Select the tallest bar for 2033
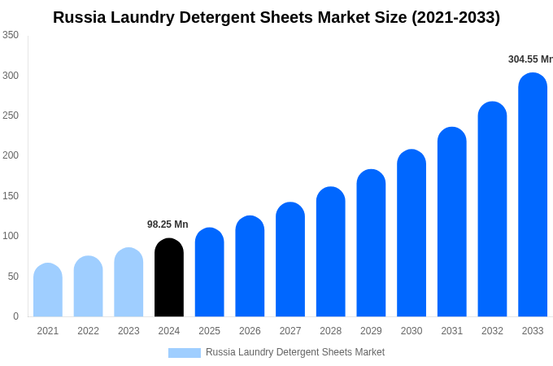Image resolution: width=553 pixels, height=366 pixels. [x=533, y=195]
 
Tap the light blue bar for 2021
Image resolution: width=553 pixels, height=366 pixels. [x=48, y=290]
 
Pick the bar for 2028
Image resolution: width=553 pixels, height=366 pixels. [x=331, y=252]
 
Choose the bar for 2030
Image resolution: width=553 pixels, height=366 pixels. [x=411, y=233]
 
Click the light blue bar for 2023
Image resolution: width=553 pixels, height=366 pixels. [x=128, y=282]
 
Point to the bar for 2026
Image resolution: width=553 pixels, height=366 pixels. [x=250, y=266]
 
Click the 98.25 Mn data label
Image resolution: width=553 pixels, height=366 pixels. [x=168, y=224]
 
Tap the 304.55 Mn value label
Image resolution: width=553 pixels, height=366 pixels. [x=529, y=59]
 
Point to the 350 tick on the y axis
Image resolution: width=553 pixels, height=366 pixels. [x=11, y=35]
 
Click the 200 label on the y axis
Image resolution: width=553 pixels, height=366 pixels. [x=11, y=155]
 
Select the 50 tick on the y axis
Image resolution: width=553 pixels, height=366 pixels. [x=13, y=277]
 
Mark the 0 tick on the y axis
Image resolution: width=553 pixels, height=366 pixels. [x=15, y=316]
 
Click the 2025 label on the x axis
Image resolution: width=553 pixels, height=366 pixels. [x=209, y=331]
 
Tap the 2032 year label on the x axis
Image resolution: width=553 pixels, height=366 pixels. [x=492, y=331]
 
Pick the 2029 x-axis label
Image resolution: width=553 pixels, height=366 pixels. [x=371, y=331]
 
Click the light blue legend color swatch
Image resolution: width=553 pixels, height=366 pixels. [x=184, y=353]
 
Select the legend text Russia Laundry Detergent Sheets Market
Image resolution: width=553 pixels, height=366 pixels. [x=295, y=352]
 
